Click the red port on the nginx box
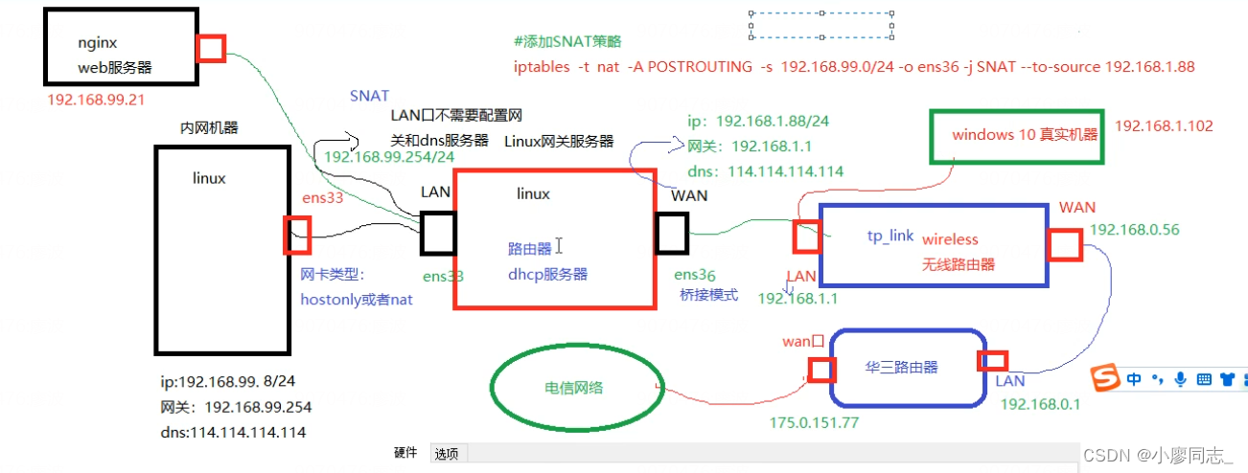[210, 49]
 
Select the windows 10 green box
[1016, 135]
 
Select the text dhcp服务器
[547, 274]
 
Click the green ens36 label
[695, 275]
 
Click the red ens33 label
[323, 198]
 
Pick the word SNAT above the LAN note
[369, 96]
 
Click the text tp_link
[890, 236]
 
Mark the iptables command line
[853, 67]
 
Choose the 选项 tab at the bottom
[447, 454]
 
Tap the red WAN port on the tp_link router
[1064, 245]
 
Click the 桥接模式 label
[708, 295]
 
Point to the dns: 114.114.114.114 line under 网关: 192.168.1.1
[765, 171]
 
